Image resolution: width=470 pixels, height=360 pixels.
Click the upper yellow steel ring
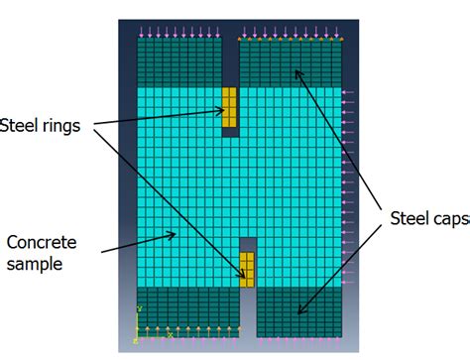[x=229, y=107]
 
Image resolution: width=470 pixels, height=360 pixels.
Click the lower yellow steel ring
[x=247, y=269]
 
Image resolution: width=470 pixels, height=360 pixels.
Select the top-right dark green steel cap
[x=290, y=62]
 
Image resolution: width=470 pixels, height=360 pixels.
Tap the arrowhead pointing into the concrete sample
[x=176, y=236]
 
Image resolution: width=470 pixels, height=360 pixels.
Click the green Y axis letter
[x=141, y=308]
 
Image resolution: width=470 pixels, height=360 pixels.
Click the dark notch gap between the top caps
[x=230, y=60]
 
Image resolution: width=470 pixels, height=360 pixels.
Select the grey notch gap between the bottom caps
[x=248, y=317]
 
